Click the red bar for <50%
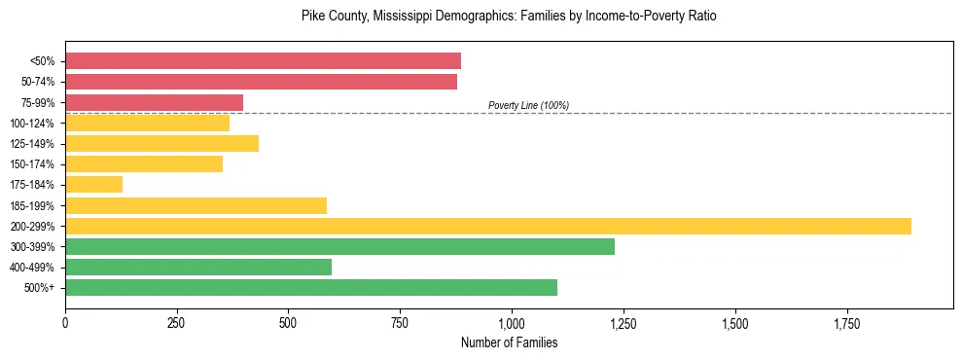click(x=263, y=61)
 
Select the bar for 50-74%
click(x=261, y=82)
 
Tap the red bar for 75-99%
click(x=154, y=102)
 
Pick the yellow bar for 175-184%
click(x=93, y=184)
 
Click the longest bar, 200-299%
click(x=487, y=226)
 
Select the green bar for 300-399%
click(x=339, y=246)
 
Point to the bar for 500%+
click(x=310, y=287)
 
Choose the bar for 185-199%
click(x=196, y=205)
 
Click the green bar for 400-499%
click(x=198, y=267)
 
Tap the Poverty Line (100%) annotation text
click(x=528, y=105)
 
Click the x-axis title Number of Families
click(x=509, y=342)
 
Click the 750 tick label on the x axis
click(x=400, y=323)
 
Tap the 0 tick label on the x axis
click(x=65, y=323)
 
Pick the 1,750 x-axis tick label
click(x=846, y=323)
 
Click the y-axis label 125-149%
click(x=32, y=144)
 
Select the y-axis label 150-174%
click(x=32, y=164)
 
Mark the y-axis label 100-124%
click(x=32, y=124)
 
